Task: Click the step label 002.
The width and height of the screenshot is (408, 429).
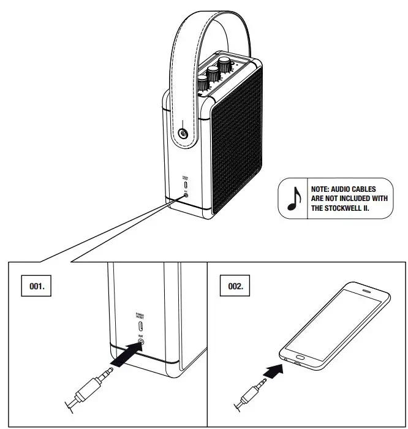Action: click(x=235, y=286)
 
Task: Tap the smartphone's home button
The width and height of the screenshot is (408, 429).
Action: click(x=300, y=356)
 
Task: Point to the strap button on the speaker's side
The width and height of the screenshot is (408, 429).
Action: click(x=183, y=134)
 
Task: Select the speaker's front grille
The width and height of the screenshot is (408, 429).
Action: click(x=239, y=141)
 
